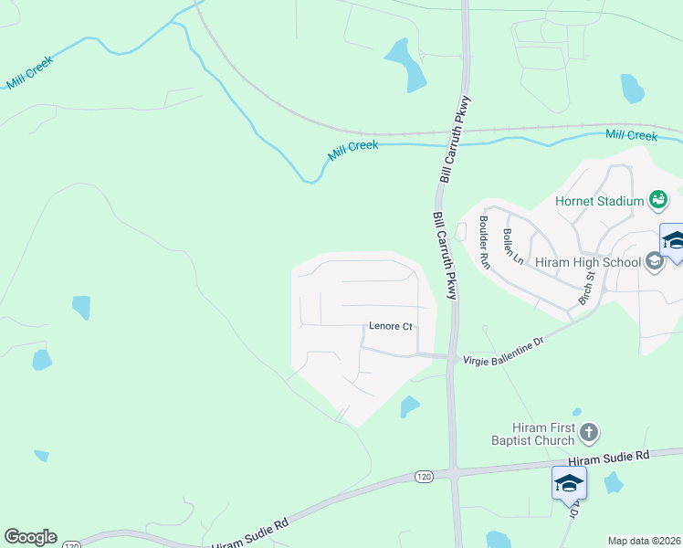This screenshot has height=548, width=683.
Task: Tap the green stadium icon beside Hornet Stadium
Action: (657, 198)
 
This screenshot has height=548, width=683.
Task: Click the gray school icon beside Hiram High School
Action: (654, 263)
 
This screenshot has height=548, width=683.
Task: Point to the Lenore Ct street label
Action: (391, 326)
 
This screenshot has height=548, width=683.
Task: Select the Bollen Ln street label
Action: (512, 246)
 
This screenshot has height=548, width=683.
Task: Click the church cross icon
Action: (589, 432)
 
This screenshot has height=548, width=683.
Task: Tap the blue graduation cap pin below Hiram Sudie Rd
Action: (569, 482)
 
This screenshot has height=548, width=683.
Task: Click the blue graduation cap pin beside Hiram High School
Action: (673, 241)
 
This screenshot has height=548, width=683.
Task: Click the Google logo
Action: (30, 537)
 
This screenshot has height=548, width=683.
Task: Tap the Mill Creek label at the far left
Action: (30, 72)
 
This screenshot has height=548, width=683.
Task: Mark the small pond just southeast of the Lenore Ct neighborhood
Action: (410, 406)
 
